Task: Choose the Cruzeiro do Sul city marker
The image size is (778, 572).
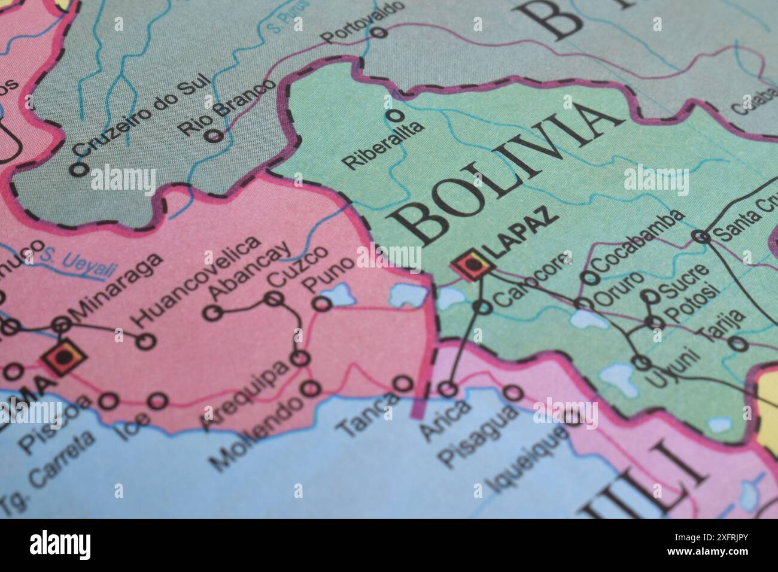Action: (x=78, y=169)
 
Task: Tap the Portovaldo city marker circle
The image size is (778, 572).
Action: (x=379, y=32)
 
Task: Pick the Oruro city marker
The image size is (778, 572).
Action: (x=583, y=304)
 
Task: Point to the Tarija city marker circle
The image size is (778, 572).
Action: (x=739, y=343)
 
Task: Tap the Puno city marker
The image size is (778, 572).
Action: (x=323, y=305)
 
